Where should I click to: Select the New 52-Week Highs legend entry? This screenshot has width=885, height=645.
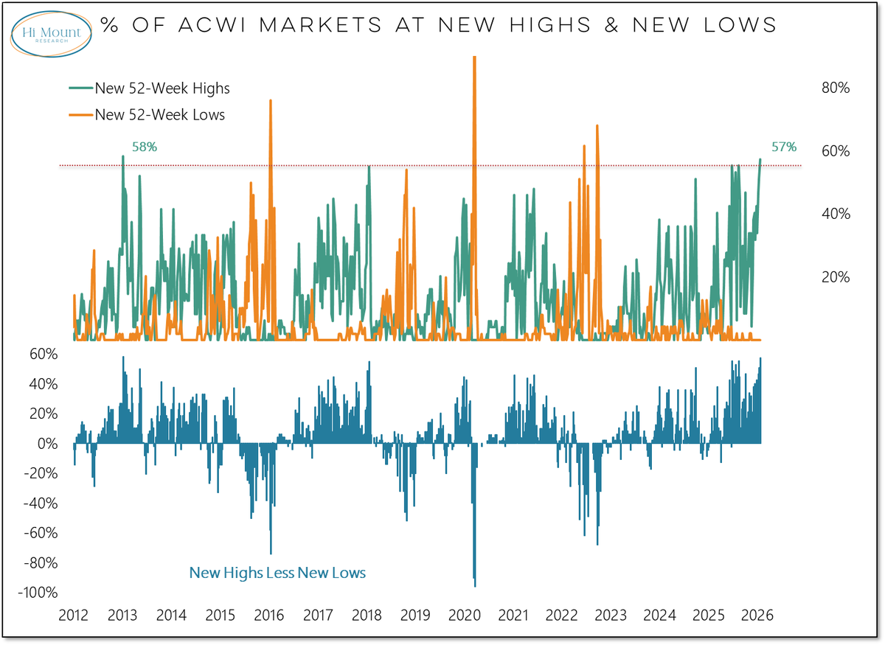point(162,88)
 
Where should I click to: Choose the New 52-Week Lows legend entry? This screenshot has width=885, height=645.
point(159,114)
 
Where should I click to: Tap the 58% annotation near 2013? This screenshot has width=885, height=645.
point(145,147)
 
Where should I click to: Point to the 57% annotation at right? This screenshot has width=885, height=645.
point(784,147)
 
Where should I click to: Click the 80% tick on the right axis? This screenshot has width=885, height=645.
point(836,88)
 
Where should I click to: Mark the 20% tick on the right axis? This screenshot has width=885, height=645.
point(836,277)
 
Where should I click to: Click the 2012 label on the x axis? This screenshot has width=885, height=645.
point(74,616)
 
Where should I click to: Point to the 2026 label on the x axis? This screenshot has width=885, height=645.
point(757,616)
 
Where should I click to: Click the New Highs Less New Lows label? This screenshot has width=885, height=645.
point(277,573)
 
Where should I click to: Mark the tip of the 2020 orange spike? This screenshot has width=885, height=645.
point(474,57)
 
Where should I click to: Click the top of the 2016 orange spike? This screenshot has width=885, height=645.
point(271,100)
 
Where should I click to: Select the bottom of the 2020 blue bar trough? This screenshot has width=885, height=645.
point(474,586)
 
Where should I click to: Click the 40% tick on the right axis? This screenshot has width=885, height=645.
point(836,214)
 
